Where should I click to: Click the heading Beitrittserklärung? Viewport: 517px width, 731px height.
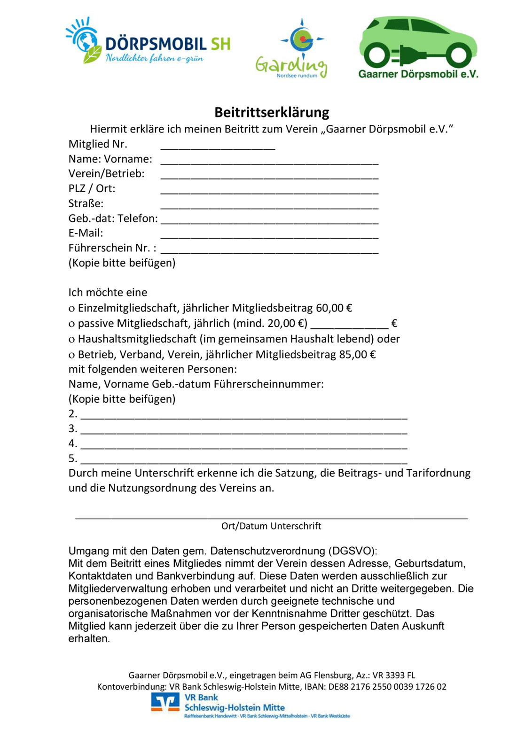coord(272,112)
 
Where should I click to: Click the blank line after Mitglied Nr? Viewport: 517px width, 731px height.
coord(218,145)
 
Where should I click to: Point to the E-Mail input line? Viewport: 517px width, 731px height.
coord(269,234)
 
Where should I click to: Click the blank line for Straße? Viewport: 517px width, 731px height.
coord(269,204)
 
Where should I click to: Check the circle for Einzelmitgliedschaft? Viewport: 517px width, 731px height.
coord(71,309)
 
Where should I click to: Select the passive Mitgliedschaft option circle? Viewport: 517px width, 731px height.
coord(71,324)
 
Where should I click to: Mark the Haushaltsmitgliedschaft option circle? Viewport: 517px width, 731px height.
coord(71,340)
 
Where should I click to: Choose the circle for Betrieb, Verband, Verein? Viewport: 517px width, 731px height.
coord(71,355)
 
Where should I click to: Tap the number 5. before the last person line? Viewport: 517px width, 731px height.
coord(73,459)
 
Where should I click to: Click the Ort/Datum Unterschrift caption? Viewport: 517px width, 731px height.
coord(271,526)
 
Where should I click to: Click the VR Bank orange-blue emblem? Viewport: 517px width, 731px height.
coord(165,702)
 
